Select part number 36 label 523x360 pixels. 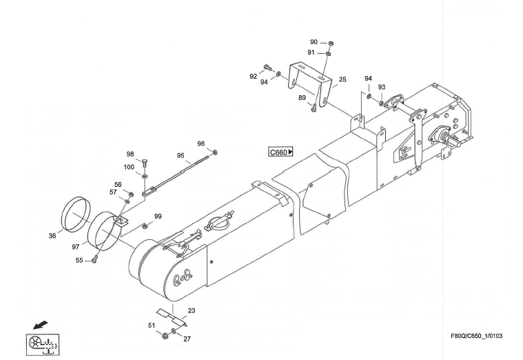click(x=52, y=236)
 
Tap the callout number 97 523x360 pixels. click(x=76, y=246)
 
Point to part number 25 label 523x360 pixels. click(x=342, y=79)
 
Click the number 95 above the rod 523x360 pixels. click(x=181, y=155)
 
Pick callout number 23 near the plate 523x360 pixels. click(x=192, y=311)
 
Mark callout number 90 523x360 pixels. click(x=314, y=42)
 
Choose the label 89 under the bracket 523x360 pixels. click(x=302, y=98)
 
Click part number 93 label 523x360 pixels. click(x=381, y=88)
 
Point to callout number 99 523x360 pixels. click(x=158, y=217)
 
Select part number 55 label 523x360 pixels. click(x=79, y=260)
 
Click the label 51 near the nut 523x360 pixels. click(x=152, y=325)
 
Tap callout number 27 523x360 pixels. click(x=187, y=339)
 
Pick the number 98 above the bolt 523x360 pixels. click(x=130, y=154)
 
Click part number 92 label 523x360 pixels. click(x=254, y=77)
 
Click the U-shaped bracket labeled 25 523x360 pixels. click(x=310, y=79)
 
